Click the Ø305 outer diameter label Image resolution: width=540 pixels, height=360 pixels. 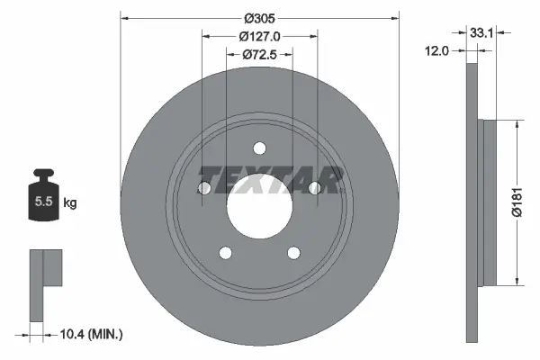[259, 17]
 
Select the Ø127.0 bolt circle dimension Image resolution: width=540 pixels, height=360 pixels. [259, 37]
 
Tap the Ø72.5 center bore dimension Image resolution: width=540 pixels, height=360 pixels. [259, 56]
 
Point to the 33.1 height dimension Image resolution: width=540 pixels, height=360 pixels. [480, 31]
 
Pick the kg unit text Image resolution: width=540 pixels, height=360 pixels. [70, 202]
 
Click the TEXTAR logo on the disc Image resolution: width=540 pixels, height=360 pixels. [271, 179]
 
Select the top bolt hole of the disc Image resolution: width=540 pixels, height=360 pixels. [259, 148]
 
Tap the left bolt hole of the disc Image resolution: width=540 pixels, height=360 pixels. [203, 188]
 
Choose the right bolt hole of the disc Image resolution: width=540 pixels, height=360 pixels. [315, 188]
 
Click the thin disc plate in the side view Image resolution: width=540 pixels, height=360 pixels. [472, 203]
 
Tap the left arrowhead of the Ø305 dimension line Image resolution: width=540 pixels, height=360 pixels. [124, 17]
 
